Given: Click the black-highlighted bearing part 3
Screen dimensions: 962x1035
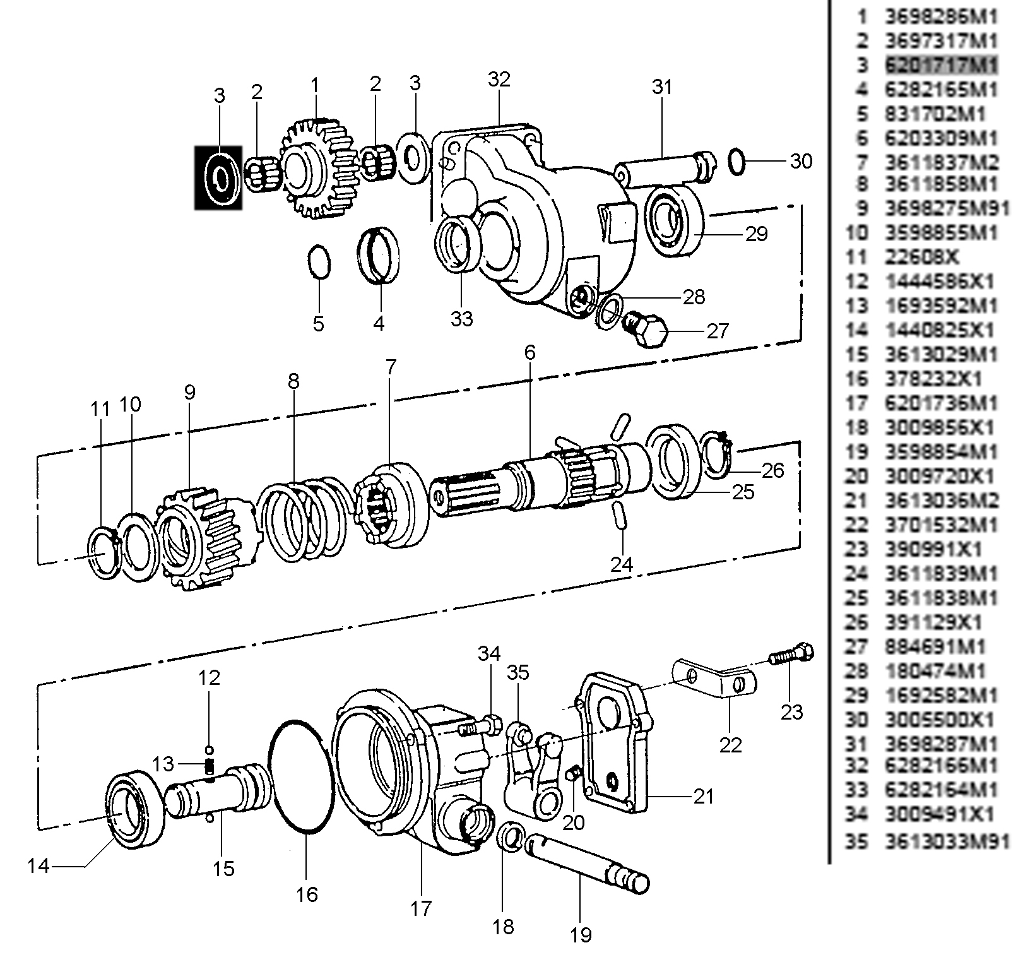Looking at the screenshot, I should coord(218,177).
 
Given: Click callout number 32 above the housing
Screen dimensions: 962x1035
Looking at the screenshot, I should coord(499,80).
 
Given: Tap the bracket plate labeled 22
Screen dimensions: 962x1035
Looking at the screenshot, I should coord(716,679).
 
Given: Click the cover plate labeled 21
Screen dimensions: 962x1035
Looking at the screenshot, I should coord(615,745).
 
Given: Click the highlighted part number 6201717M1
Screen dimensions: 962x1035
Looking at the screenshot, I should coord(941,65).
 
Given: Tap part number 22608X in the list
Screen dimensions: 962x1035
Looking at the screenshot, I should coord(921,258).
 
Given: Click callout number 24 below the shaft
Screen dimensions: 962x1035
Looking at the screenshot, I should coord(621,564).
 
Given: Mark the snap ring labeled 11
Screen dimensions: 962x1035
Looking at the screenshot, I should coord(102,551).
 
